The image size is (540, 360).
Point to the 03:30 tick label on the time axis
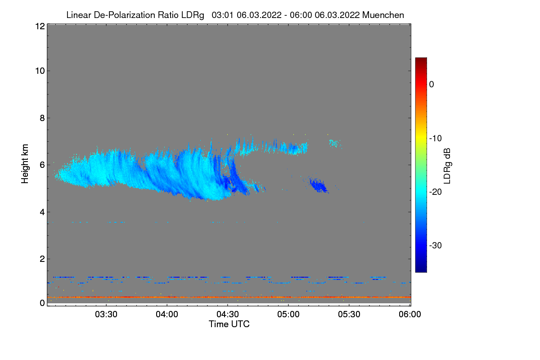[106, 315]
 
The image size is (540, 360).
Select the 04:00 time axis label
[167, 315]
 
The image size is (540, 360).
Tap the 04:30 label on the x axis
[228, 315]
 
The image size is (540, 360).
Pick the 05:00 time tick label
[288, 315]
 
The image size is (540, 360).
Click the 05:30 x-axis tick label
[349, 315]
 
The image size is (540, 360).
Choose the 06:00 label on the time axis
[410, 315]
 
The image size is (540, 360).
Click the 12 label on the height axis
[40, 26]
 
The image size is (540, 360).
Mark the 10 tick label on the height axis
[40, 71]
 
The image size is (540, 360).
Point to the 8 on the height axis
[42, 118]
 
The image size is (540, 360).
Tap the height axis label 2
[42, 259]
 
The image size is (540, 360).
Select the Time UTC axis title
[229, 324]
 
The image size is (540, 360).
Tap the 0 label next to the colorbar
[432, 84]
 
